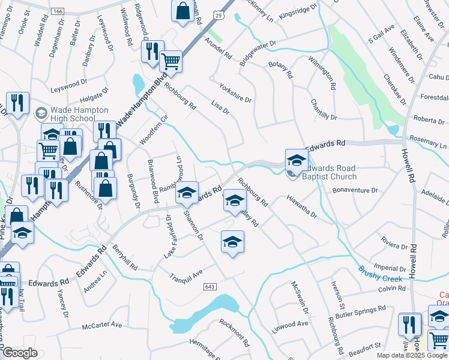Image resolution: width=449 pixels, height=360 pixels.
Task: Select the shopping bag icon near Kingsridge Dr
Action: pyautogui.click(x=182, y=11)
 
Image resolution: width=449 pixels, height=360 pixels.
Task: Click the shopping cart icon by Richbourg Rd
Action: pyautogui.click(x=171, y=61)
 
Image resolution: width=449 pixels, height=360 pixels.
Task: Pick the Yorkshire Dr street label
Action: pyautogui.click(x=235, y=92)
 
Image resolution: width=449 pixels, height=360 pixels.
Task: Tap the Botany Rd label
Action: pyautogui.click(x=280, y=70)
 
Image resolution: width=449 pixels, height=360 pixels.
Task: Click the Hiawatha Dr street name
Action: pyautogui.click(x=301, y=205)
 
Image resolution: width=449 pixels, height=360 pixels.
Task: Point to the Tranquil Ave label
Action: pyautogui.click(x=186, y=275)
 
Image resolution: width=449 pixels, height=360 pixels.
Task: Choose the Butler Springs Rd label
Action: pyautogui.click(x=360, y=311)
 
